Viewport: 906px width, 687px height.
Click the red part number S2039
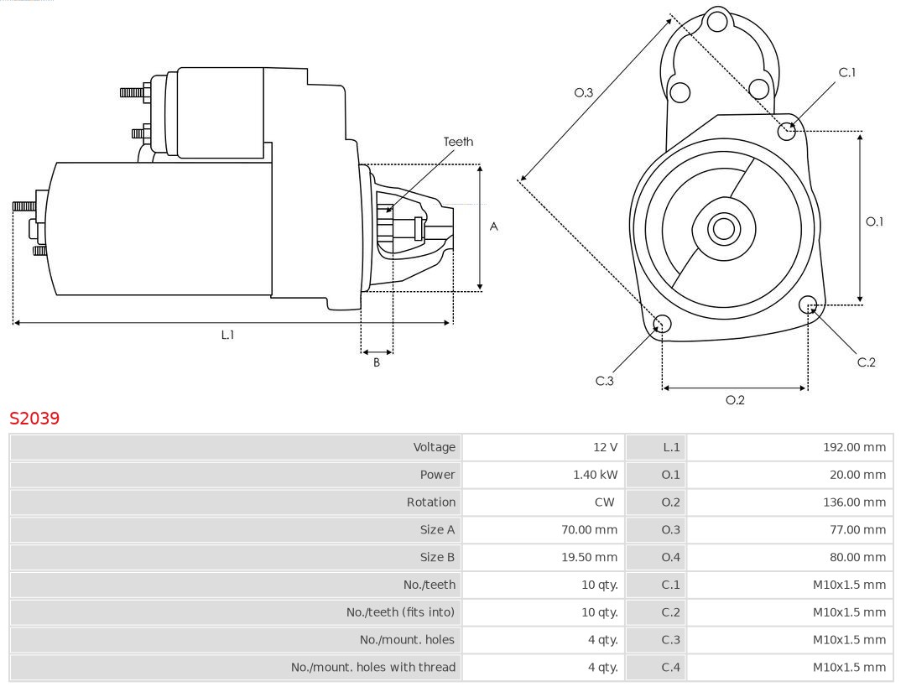pos(34,418)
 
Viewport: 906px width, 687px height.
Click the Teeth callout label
pos(458,142)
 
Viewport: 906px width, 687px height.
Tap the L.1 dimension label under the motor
pos(227,335)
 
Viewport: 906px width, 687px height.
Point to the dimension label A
pos(494,226)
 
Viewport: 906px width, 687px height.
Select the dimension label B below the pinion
pos(377,363)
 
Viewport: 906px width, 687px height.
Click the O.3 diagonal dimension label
pos(584,92)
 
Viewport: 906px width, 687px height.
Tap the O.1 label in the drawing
pos(874,221)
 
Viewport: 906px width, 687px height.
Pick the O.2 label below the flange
pos(735,400)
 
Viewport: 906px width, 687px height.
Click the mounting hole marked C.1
pos(786,130)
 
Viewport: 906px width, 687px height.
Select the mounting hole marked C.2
pos(808,304)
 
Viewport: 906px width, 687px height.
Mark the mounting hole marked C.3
pos(662,325)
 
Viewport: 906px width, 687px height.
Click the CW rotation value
pos(605,502)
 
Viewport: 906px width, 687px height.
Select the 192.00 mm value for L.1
pos(854,447)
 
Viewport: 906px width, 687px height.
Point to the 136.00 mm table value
pos(854,502)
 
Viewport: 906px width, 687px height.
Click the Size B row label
pos(437,557)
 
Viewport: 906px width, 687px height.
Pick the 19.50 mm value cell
pos(589,557)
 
